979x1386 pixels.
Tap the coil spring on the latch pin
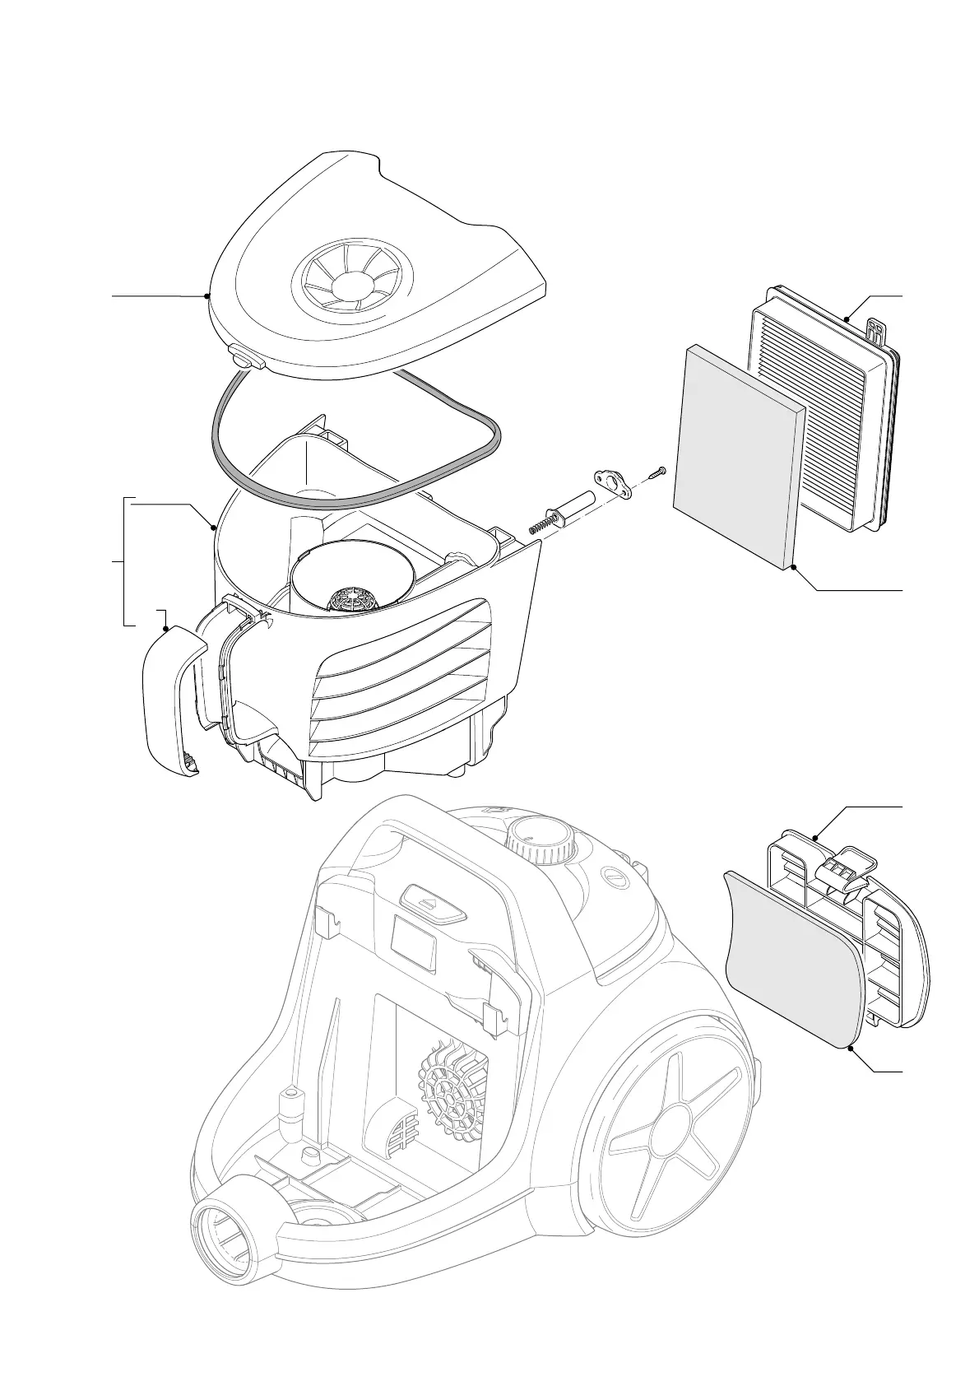click(539, 523)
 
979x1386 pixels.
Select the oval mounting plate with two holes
click(613, 483)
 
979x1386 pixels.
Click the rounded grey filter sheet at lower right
click(791, 959)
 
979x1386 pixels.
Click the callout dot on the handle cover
click(167, 628)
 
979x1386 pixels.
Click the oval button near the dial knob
click(613, 877)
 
